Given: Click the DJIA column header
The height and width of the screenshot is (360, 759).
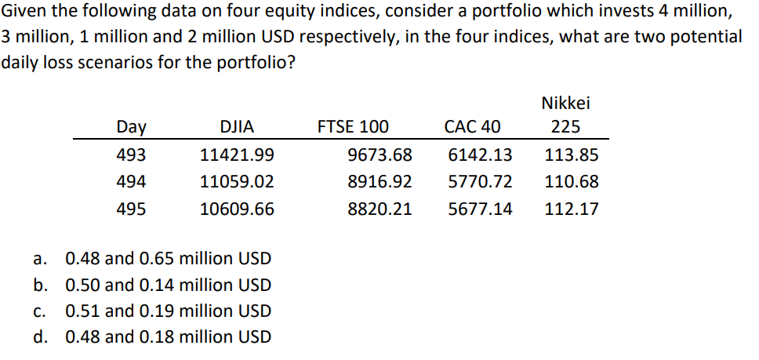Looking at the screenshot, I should pos(237,128).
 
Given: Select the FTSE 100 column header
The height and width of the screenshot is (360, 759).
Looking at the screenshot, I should pos(352,128).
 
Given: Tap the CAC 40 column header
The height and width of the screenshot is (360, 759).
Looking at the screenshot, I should pos(472,128).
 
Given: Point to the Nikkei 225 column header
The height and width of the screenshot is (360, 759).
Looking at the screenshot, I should pos(565,115).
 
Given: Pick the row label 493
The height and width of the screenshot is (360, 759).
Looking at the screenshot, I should pos(130,155).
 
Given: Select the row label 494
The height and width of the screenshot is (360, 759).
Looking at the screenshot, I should pos(130,182).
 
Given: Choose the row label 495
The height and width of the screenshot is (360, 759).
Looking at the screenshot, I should pos(130,209).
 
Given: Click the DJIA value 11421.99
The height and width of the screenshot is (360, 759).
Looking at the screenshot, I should pos(237,155).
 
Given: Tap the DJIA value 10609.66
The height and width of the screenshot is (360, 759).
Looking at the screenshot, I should pos(237,209).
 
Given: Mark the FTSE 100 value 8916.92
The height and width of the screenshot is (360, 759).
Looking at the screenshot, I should pos(379,182).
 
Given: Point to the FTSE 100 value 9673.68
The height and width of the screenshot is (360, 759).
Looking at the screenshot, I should pos(379,155).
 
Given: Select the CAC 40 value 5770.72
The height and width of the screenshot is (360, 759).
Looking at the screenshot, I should pos(480,182).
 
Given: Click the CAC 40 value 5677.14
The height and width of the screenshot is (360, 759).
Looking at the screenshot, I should pos(480,209).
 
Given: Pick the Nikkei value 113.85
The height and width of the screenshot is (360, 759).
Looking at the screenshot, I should pos(572,155).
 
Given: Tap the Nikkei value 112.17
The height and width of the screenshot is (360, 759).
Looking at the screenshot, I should pos(572,209).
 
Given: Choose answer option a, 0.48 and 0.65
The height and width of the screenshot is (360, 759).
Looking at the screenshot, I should pos(168,258).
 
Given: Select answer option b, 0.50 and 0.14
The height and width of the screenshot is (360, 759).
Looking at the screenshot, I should pos(168,285).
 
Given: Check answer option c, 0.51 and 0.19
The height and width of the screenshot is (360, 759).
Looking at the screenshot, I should pos(168,311).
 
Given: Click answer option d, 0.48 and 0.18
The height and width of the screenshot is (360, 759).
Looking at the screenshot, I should pos(168,337).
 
